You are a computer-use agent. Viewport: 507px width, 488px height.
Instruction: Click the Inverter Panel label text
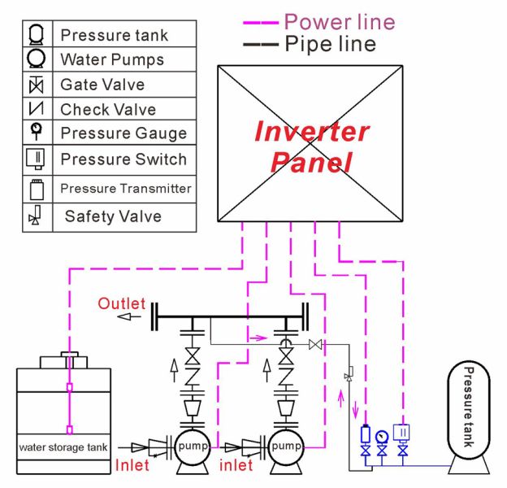[311, 146]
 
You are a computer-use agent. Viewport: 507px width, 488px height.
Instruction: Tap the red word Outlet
[122, 304]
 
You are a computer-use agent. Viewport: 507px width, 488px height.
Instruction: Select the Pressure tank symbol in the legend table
[36, 34]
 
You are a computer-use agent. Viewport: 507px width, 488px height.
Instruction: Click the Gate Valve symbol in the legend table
[36, 85]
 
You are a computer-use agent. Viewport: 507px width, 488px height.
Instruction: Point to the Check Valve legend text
[108, 109]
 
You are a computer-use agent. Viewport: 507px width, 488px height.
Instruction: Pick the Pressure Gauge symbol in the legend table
[37, 131]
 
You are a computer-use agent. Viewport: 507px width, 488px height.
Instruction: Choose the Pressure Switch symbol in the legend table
[35, 159]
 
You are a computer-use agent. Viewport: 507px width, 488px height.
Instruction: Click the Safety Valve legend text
[113, 216]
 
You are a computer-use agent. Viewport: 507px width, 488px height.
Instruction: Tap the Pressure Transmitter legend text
[126, 189]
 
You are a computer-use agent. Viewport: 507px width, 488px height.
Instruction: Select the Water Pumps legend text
[112, 60]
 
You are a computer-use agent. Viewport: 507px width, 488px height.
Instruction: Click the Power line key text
[340, 22]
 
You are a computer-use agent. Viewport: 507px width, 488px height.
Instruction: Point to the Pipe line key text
[330, 44]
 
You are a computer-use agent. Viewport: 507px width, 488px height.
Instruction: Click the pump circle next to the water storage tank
[193, 447]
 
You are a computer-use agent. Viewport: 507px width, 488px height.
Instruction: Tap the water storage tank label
[63, 447]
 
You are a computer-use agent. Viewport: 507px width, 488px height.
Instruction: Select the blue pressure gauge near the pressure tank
[382, 437]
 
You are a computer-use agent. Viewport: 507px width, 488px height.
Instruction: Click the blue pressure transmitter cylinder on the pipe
[366, 434]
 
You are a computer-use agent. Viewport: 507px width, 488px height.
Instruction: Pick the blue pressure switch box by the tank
[401, 433]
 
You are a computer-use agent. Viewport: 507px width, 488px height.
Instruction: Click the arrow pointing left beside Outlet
[129, 316]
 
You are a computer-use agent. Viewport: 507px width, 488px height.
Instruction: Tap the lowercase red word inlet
[236, 465]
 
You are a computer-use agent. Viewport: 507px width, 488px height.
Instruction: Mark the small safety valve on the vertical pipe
[349, 374]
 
